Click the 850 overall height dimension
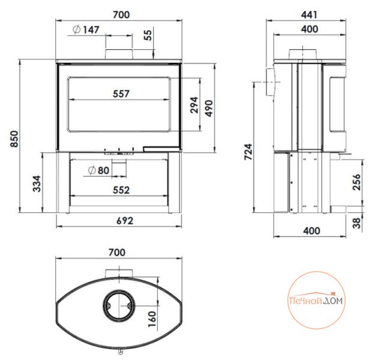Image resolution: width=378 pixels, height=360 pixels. tap(14, 139)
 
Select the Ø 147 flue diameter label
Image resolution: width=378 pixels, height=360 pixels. tap(86, 29)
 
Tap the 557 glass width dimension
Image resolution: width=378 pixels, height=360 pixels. tap(121, 94)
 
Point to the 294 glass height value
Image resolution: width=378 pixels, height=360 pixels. tap(194, 105)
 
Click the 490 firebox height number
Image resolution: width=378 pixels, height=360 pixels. tap(209, 108)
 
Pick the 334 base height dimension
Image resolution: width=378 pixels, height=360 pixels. tap(37, 184)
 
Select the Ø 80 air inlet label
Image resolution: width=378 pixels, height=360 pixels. tap(98, 170)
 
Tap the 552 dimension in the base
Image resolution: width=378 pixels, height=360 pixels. tap(121, 190)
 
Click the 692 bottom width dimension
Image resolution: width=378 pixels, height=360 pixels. tap(125, 221)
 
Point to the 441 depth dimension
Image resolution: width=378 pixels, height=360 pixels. tap(310, 15)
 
